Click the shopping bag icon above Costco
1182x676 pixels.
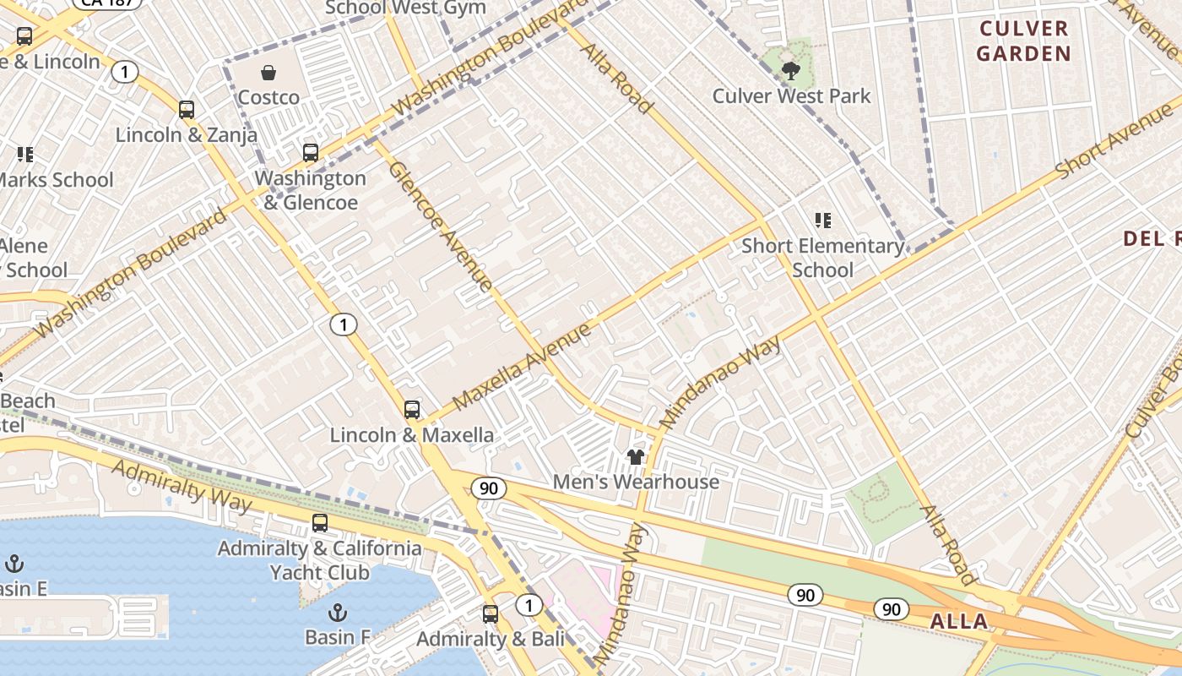pyautogui.click(x=268, y=74)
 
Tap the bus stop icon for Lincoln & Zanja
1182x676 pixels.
pyautogui.click(x=187, y=110)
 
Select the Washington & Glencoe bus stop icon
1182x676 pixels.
pyautogui.click(x=311, y=153)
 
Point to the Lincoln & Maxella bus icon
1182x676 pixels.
pyautogui.click(x=412, y=410)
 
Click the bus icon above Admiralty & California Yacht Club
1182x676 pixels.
pyautogui.click(x=320, y=523)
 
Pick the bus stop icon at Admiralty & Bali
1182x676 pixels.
pyautogui.click(x=491, y=614)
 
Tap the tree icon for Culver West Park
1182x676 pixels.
pyautogui.click(x=791, y=71)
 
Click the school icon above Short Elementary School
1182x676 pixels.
pyautogui.click(x=823, y=221)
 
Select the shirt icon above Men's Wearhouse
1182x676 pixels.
pyautogui.click(x=636, y=457)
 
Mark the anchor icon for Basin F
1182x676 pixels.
pyautogui.click(x=338, y=612)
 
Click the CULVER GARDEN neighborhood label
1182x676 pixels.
pyautogui.click(x=1023, y=41)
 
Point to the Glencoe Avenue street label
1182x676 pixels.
pyautogui.click(x=440, y=226)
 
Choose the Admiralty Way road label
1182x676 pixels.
pyautogui.click(x=182, y=487)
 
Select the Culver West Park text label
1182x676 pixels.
pyautogui.click(x=791, y=96)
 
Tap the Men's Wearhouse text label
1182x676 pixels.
pyautogui.click(x=636, y=482)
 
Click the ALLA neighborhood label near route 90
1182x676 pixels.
pyautogui.click(x=958, y=622)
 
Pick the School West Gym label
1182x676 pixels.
pyautogui.click(x=405, y=8)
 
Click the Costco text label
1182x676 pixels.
pyautogui.click(x=268, y=97)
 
